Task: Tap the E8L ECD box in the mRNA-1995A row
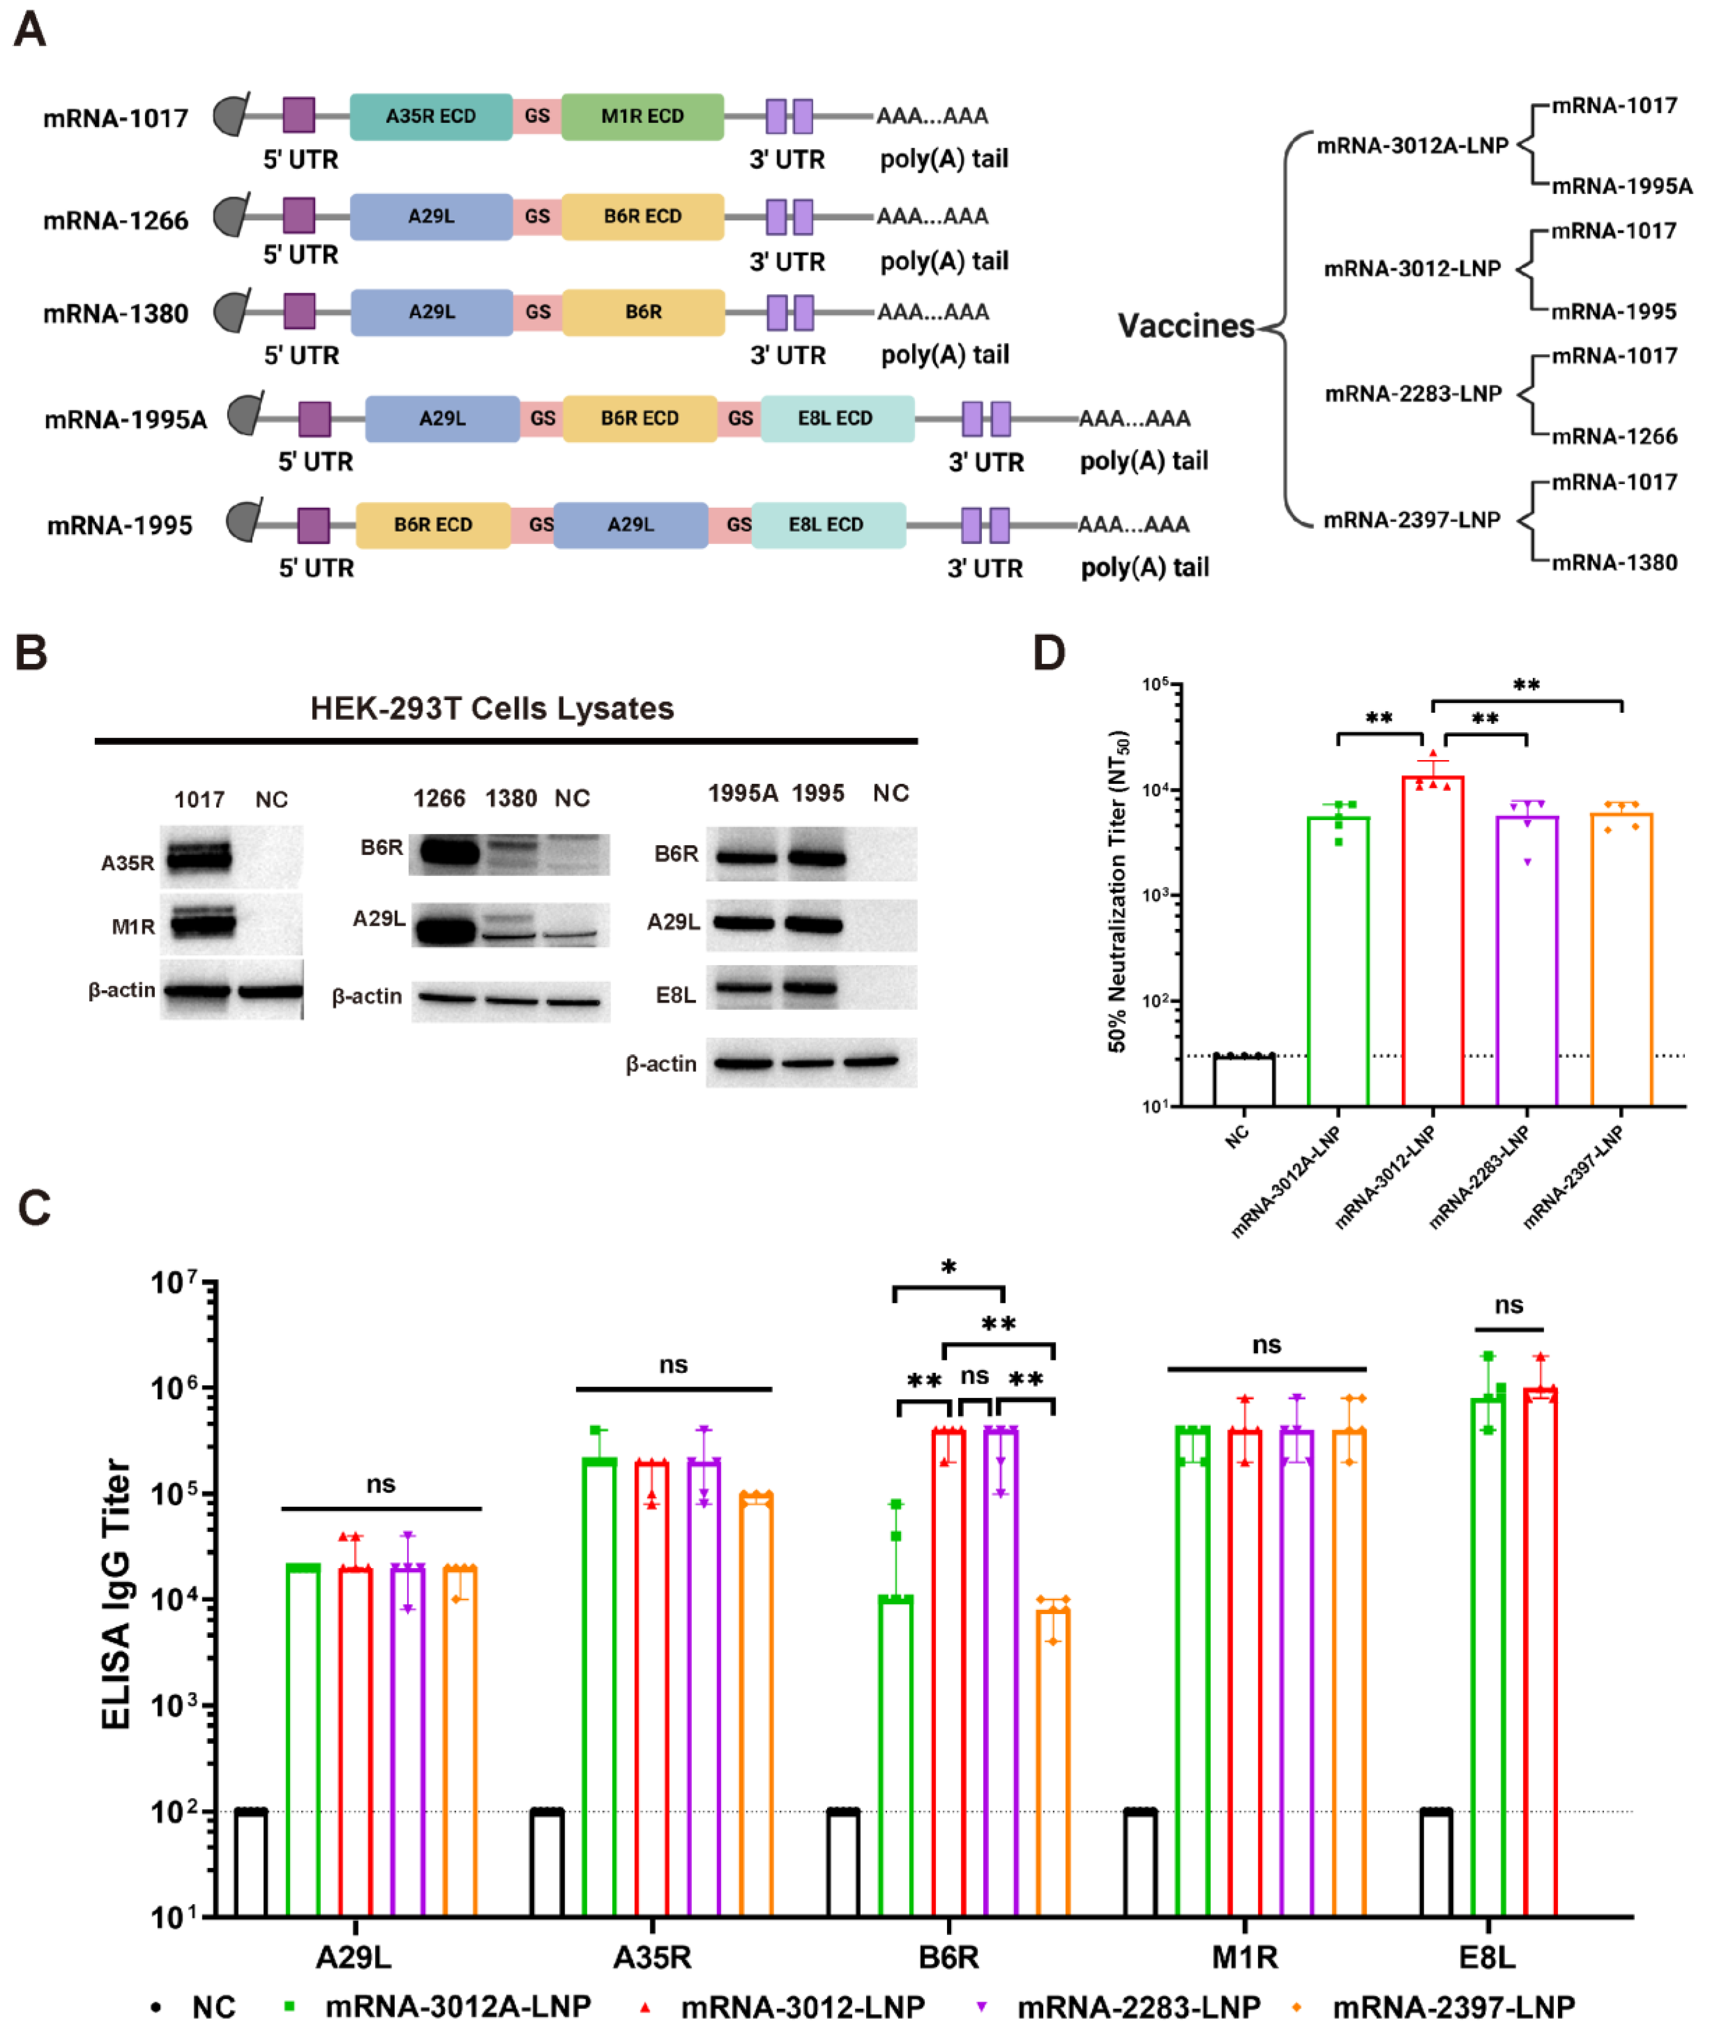836,418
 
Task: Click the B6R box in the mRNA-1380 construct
643,312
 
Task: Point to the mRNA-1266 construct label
116,221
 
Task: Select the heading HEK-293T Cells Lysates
492,708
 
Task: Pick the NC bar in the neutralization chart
1243,1080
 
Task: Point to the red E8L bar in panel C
1540,1654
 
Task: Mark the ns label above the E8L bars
1509,1306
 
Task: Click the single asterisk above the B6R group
948,1267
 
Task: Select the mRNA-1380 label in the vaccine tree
1614,562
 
